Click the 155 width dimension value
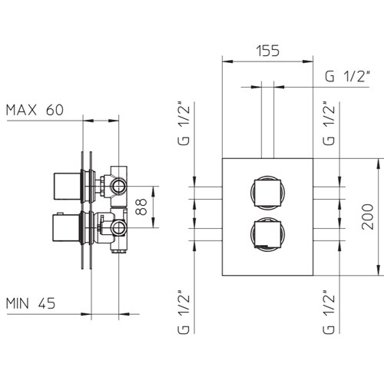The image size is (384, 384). point(268,51)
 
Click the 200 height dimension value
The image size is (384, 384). point(368,217)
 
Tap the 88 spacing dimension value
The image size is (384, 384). point(141,207)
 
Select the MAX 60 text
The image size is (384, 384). point(35,110)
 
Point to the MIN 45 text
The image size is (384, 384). point(31,303)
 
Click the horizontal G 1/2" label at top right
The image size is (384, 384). point(348,76)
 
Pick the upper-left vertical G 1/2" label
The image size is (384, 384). point(184,124)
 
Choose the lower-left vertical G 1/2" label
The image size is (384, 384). point(184,312)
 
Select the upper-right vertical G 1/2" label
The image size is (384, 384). point(329,124)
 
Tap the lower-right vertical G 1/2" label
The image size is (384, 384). point(329,312)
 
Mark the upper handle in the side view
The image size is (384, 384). point(68,186)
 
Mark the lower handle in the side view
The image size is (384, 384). point(67,228)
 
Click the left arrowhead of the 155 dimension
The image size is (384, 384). point(227,61)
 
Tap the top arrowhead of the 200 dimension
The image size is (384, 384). point(379,164)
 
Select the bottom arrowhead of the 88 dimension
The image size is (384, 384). point(153,223)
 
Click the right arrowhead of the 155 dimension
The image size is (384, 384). point(308,61)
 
